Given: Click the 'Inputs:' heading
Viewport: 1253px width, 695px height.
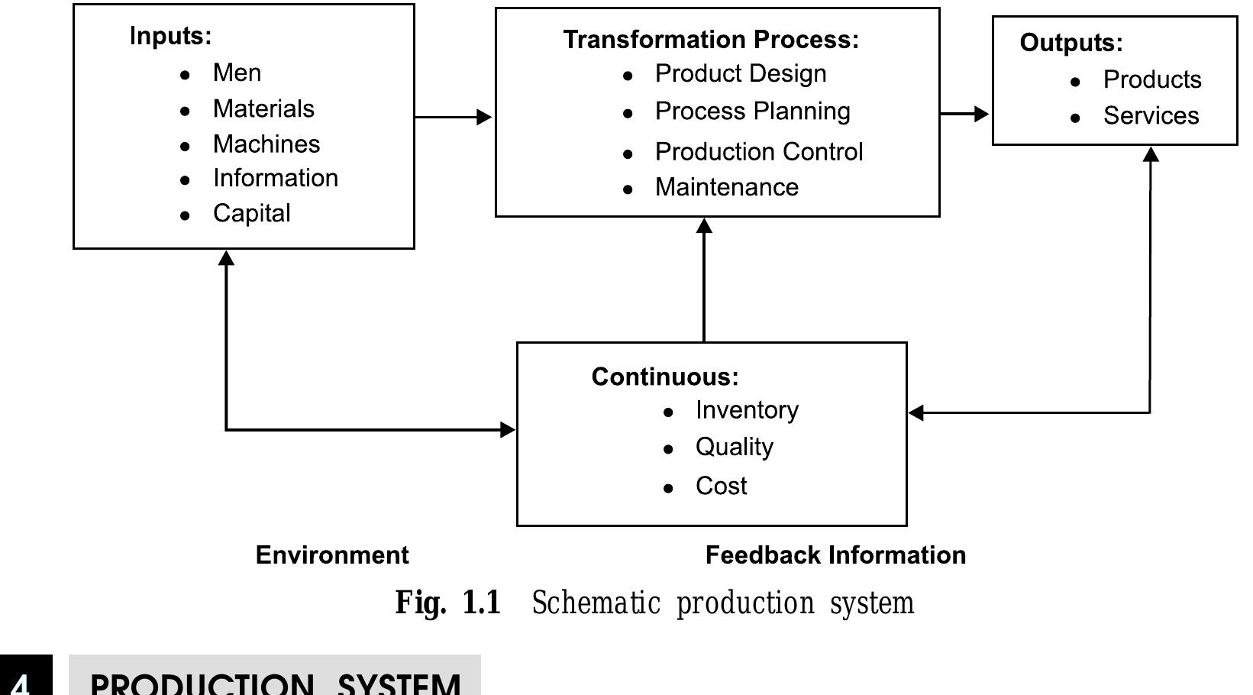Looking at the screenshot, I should pyautogui.click(x=170, y=36).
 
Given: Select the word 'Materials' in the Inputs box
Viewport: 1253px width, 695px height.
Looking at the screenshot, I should pyautogui.click(x=263, y=108).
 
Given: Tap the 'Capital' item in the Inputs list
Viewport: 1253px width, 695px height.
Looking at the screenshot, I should pyautogui.click(x=251, y=213).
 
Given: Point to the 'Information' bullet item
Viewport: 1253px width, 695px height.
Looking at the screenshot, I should pyautogui.click(x=275, y=178).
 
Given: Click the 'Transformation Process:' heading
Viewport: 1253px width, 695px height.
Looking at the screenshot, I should pyautogui.click(x=711, y=40).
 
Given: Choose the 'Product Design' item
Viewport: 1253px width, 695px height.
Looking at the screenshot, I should pyautogui.click(x=740, y=73).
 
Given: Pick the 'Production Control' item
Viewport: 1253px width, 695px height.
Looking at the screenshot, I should pyautogui.click(x=758, y=151).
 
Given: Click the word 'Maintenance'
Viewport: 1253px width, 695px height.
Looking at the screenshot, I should pyautogui.click(x=726, y=187).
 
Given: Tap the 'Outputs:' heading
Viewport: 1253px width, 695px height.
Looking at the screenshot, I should pyautogui.click(x=1071, y=43).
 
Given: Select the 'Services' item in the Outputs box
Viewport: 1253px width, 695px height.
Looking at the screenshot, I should pyautogui.click(x=1151, y=116).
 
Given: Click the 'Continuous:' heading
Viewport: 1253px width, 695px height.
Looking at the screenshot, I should pyautogui.click(x=664, y=377).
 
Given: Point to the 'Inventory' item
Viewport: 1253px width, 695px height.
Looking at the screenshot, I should pyautogui.click(x=746, y=410).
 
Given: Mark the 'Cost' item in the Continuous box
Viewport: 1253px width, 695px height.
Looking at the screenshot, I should pyautogui.click(x=721, y=486).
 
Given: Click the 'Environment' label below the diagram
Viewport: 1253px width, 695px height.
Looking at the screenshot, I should pyautogui.click(x=332, y=555).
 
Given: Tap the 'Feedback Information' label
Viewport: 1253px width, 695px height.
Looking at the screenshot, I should pyautogui.click(x=835, y=555).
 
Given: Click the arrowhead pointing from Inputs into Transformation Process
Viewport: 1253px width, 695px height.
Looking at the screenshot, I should pyautogui.click(x=484, y=117).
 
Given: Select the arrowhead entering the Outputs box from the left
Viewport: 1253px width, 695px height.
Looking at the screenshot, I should pyautogui.click(x=982, y=114).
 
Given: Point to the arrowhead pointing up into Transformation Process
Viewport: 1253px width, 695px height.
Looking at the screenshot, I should pyautogui.click(x=704, y=226).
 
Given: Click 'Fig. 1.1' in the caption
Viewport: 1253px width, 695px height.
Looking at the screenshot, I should pyautogui.click(x=447, y=603).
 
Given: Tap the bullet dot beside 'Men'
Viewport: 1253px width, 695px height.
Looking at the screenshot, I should pyautogui.click(x=185, y=75).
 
